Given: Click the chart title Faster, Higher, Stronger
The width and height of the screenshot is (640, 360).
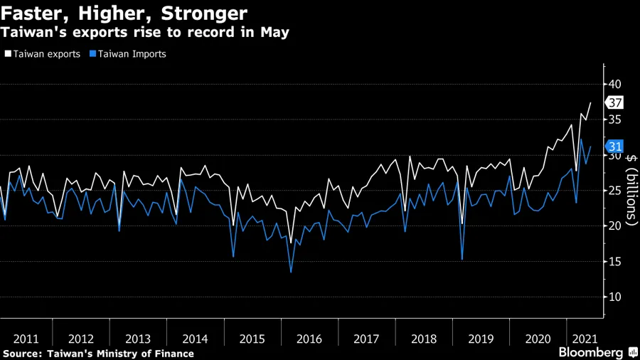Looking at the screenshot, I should [124, 13].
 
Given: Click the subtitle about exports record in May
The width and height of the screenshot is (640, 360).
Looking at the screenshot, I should [144, 33].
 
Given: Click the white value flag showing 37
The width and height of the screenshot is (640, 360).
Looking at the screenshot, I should [615, 102].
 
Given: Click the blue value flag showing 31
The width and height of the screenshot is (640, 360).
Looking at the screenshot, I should [615, 147].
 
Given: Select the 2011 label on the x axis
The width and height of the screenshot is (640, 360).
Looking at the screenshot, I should [26, 339].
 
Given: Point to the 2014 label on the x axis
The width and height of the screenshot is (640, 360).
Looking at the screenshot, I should [195, 339].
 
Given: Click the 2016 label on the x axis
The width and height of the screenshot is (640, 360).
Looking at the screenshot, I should [309, 339].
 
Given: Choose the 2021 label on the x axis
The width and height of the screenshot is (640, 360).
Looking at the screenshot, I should [584, 339].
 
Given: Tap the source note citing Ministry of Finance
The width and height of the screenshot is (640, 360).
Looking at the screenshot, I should [98, 353].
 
